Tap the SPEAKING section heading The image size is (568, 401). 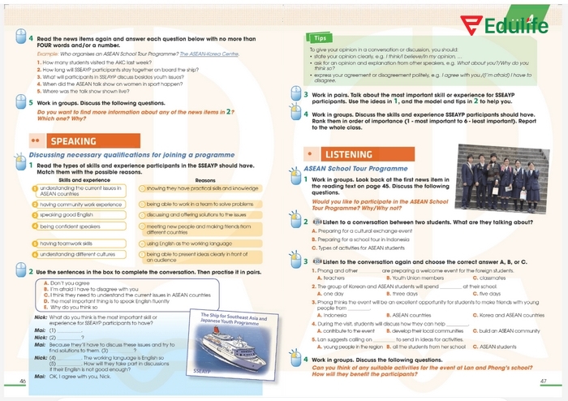(x=73, y=141)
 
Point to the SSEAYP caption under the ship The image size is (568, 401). (x=202, y=369)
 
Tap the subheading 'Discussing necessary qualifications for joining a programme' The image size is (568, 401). (x=131, y=154)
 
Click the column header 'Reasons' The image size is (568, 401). (x=205, y=179)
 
